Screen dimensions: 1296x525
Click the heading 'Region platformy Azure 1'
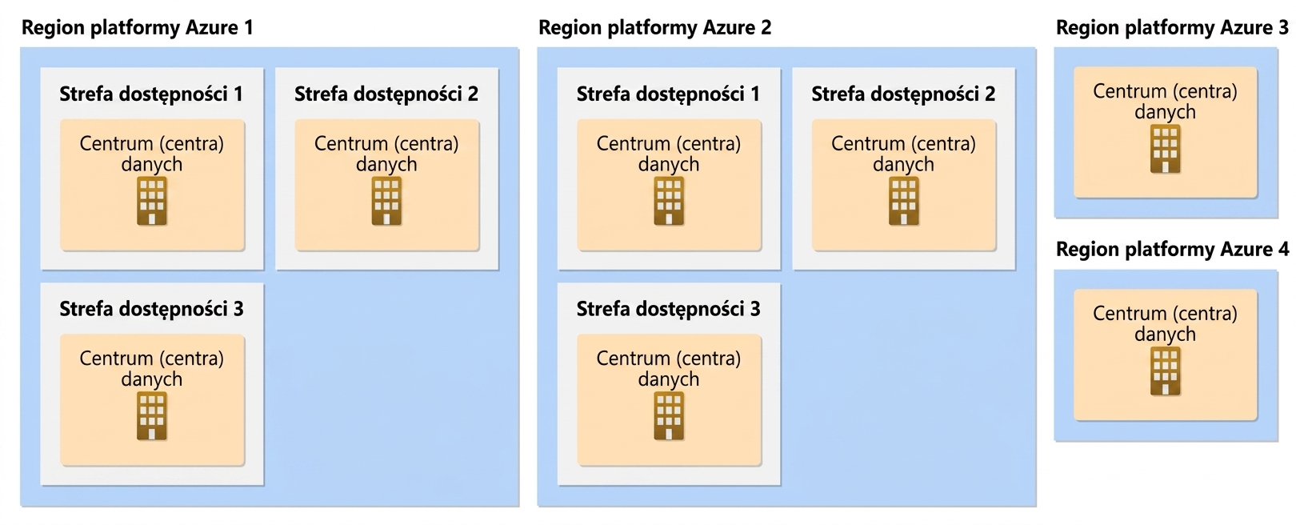[x=137, y=28]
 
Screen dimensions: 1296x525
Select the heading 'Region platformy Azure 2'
[x=654, y=28]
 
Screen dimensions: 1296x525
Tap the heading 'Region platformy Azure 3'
[x=1172, y=28]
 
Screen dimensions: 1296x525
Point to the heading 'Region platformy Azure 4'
[x=1172, y=250]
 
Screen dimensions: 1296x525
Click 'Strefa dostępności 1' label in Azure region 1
[x=151, y=94]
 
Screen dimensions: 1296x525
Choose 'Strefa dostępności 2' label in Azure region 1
[x=386, y=94]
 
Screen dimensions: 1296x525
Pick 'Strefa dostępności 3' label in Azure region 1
[x=151, y=309]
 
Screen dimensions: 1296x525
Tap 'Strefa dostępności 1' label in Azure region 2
[x=668, y=94]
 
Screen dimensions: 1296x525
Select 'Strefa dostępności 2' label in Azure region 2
[x=903, y=94]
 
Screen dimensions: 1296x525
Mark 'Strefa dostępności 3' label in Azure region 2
[x=668, y=309]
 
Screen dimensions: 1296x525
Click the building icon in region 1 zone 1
[x=151, y=201]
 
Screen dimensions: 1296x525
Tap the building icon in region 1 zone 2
[x=386, y=201]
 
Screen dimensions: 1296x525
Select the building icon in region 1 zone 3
[x=151, y=415]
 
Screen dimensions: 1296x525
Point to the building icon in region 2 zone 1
[x=669, y=201]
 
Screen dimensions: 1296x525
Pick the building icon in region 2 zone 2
[x=904, y=201]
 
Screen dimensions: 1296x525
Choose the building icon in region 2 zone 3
[x=669, y=415]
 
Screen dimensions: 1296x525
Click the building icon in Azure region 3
[x=1166, y=149]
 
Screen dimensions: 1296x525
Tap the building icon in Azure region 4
[x=1166, y=371]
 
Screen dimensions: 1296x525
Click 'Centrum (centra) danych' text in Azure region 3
[x=1166, y=102]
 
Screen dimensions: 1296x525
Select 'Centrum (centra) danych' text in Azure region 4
[x=1166, y=323]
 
